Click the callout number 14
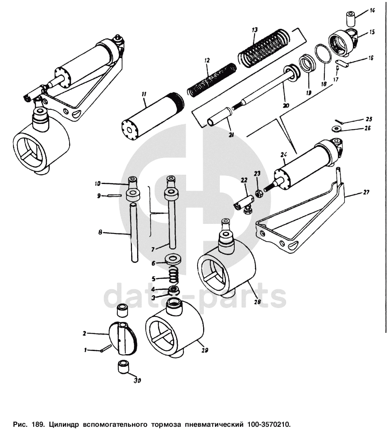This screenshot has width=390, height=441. pyautogui.click(x=372, y=11)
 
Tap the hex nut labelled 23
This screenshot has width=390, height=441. pyautogui.click(x=258, y=194)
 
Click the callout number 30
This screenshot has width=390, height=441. pyautogui.click(x=137, y=381)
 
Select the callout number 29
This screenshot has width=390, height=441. pyautogui.click(x=205, y=350)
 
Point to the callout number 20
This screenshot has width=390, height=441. pyautogui.click(x=286, y=105)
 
